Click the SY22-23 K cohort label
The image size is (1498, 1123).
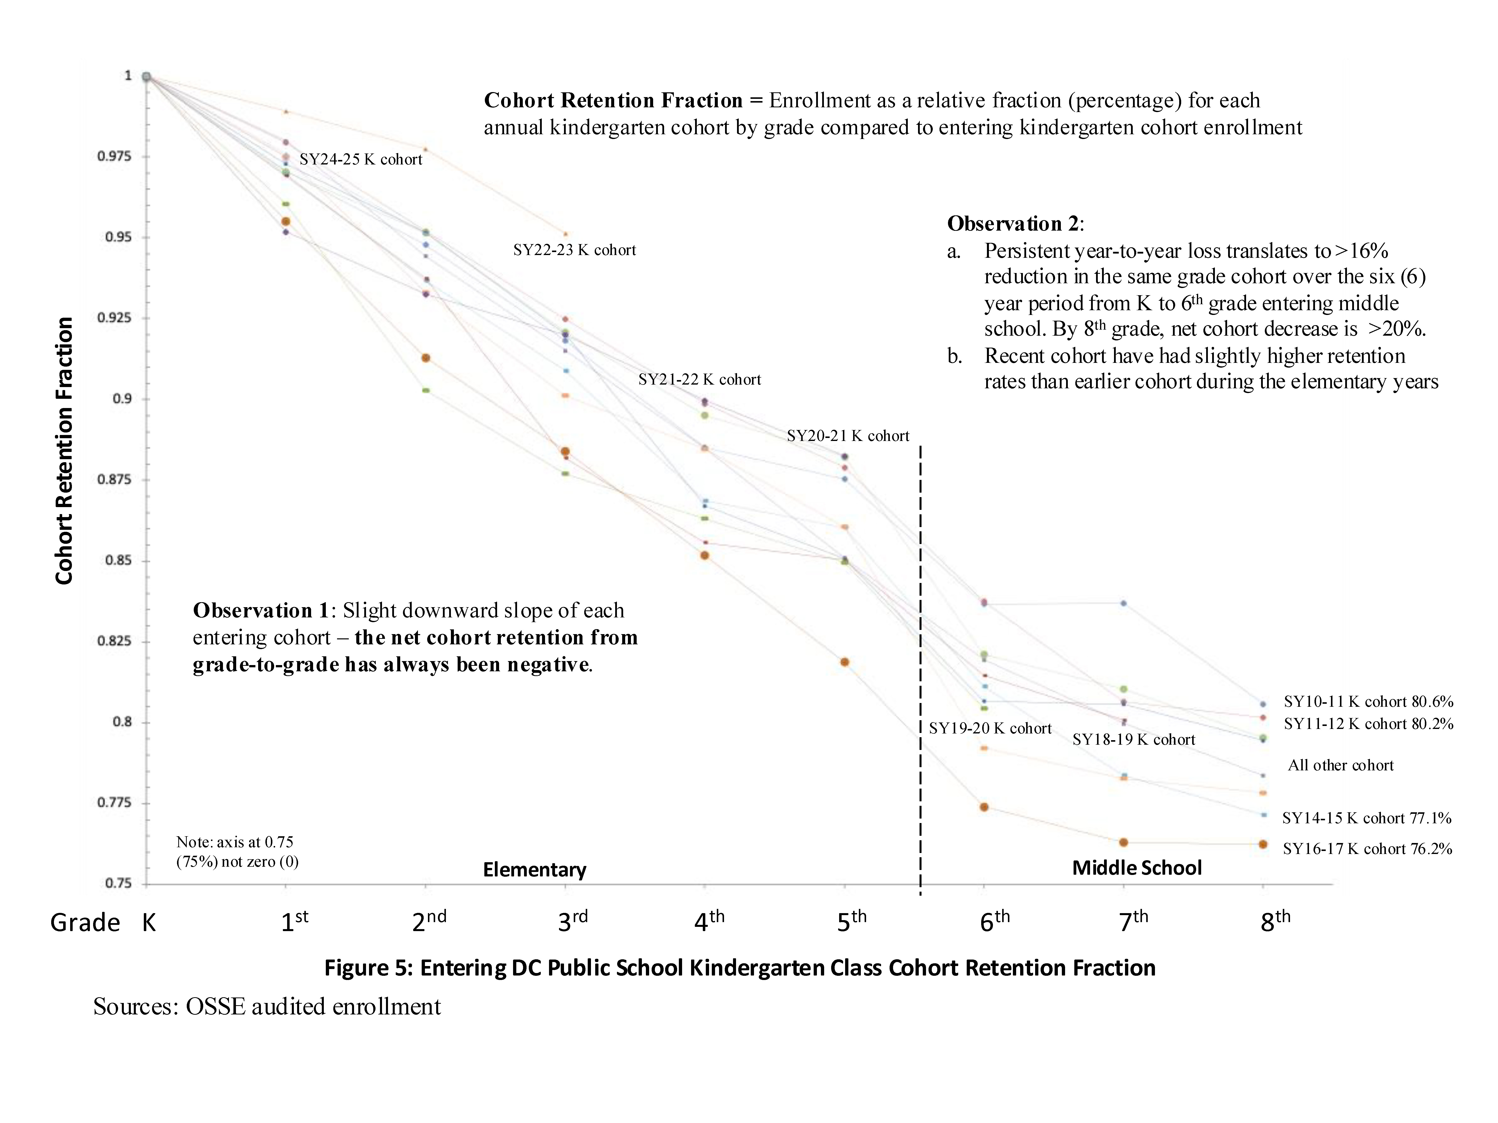coord(574,251)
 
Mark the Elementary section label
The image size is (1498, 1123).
coord(534,870)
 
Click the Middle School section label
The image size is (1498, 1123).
coord(1136,868)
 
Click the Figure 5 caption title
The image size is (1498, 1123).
coord(740,968)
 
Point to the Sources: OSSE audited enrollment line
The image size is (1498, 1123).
coord(267,1006)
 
